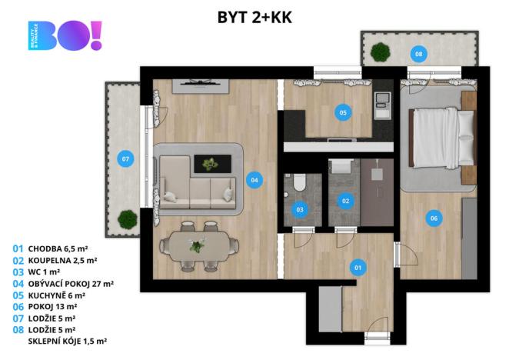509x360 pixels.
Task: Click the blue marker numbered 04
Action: click(254, 180)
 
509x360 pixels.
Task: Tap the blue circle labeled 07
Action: click(125, 159)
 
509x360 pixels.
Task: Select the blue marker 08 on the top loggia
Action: click(419, 54)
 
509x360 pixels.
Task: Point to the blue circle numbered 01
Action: click(358, 268)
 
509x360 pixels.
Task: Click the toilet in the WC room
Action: click(300, 182)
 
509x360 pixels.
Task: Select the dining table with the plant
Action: click(198, 246)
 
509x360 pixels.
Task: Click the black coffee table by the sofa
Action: click(213, 164)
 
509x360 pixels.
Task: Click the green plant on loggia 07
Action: click(128, 220)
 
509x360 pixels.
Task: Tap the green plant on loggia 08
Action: click(380, 52)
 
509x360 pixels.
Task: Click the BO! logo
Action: click(65, 35)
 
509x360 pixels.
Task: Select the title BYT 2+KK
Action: click(254, 17)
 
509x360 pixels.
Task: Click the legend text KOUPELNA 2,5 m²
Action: click(62, 261)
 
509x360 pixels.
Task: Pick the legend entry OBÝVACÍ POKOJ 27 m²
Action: click(71, 284)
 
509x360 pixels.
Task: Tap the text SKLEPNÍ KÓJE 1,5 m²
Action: click(68, 342)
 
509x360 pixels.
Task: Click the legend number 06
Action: click(18, 307)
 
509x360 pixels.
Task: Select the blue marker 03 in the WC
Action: click(300, 209)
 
